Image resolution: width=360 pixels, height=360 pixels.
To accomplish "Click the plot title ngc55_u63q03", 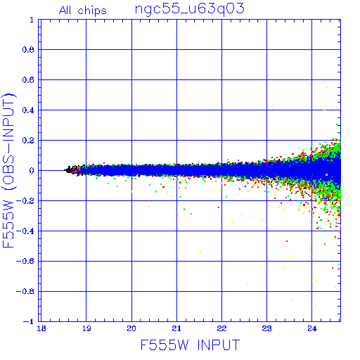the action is click(190, 9).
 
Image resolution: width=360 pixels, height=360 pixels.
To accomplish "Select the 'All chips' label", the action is click(83, 11).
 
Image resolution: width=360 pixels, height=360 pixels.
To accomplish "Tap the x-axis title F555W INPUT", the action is click(190, 345).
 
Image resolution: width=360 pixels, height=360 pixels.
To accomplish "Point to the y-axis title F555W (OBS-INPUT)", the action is click(8, 170).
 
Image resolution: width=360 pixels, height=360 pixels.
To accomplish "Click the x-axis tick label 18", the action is click(41, 328).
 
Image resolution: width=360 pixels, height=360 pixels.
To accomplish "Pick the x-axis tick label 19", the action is click(86, 328).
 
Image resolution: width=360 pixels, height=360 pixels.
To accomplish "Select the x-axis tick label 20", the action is click(131, 328).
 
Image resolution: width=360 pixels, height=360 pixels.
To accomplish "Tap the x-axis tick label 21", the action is click(176, 328).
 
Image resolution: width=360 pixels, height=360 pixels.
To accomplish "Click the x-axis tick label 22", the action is click(221, 328).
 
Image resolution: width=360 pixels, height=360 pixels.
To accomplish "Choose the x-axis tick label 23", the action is click(266, 328).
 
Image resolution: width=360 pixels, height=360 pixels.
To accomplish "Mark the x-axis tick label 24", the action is click(311, 328).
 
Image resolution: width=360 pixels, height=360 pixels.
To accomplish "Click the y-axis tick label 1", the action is click(32, 20).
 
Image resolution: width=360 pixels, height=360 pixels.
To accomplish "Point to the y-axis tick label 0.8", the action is click(28, 50).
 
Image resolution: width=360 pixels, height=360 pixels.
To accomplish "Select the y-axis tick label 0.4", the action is click(28, 110).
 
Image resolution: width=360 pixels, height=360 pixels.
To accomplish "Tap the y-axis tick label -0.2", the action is click(25, 201).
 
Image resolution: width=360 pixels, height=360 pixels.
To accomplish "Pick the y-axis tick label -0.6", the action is click(25, 261).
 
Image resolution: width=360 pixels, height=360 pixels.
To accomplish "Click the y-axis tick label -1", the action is click(28, 321).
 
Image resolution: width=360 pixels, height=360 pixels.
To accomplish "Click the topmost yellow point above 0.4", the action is click(327, 87).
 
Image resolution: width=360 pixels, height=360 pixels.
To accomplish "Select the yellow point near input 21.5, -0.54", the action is click(200, 252).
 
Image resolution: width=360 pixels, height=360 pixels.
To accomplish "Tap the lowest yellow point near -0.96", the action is click(277, 315).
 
